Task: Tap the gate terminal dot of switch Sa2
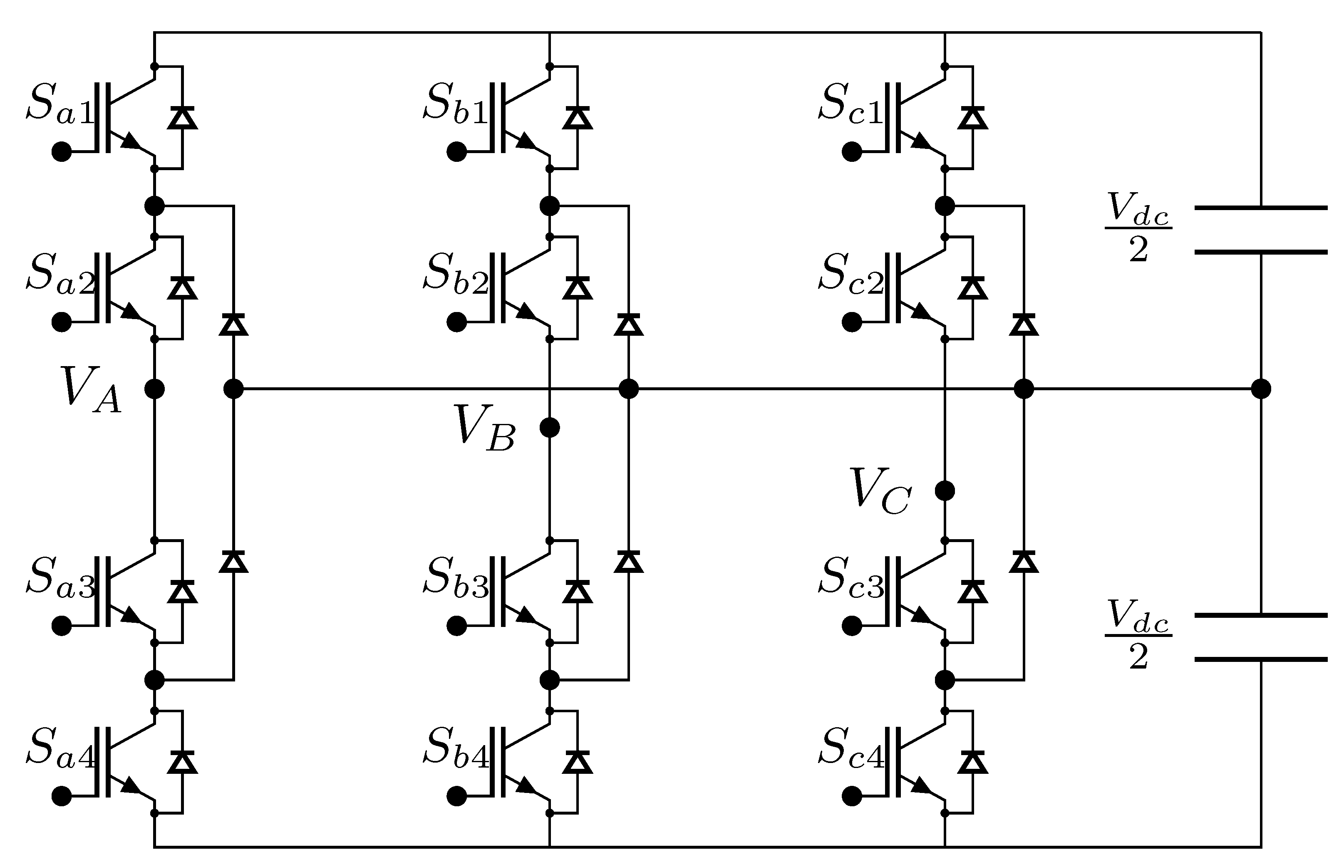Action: coord(61,322)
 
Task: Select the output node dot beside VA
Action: coord(154,389)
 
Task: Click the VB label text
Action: coord(484,429)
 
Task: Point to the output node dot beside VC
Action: coord(945,491)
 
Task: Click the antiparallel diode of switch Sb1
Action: coord(577,118)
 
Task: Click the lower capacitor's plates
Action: coord(1261,637)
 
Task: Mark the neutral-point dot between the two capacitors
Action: coord(1261,389)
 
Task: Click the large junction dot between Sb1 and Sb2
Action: coord(550,206)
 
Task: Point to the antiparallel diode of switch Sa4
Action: coord(182,762)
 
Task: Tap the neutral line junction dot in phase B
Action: coord(628,389)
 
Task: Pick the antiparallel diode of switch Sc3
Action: coord(972,592)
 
